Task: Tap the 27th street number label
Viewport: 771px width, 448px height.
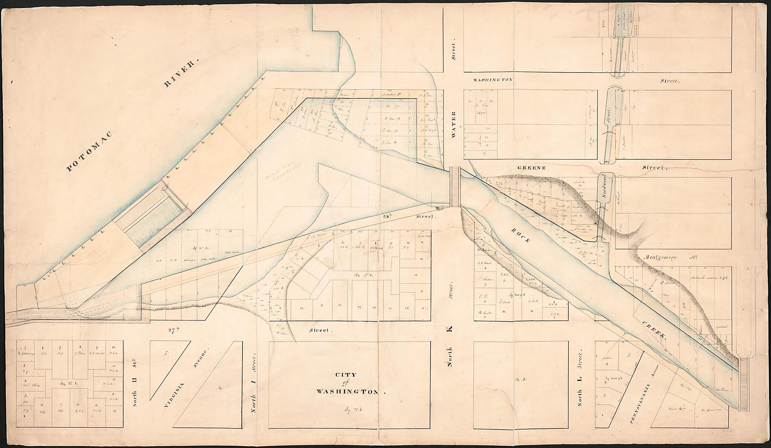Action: click(174, 331)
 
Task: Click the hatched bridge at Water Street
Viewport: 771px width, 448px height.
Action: click(455, 187)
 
